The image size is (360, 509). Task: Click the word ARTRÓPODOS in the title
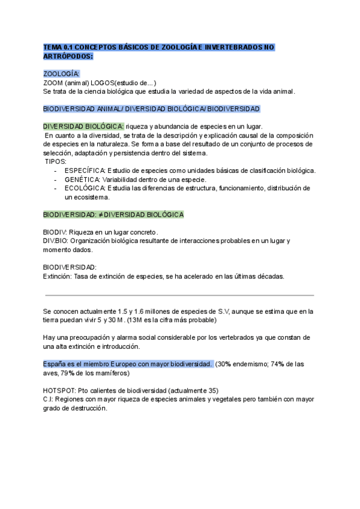pyautogui.click(x=68, y=56)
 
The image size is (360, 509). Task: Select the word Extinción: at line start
pyautogui.click(x=60, y=276)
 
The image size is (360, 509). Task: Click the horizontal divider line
pyautogui.click(x=180, y=295)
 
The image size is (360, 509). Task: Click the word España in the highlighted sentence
pyautogui.click(x=56, y=364)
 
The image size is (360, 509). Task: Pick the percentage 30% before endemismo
pyautogui.click(x=224, y=364)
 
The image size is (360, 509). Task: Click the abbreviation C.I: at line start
pyautogui.click(x=49, y=399)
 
